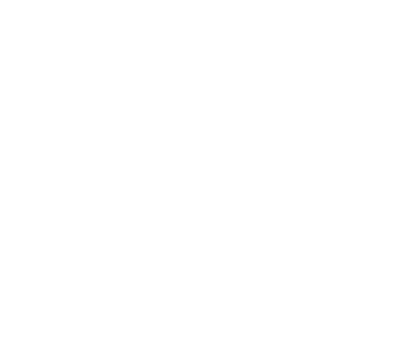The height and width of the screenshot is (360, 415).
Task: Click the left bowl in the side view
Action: (x=118, y=277)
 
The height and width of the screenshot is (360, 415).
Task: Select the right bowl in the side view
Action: (x=207, y=277)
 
